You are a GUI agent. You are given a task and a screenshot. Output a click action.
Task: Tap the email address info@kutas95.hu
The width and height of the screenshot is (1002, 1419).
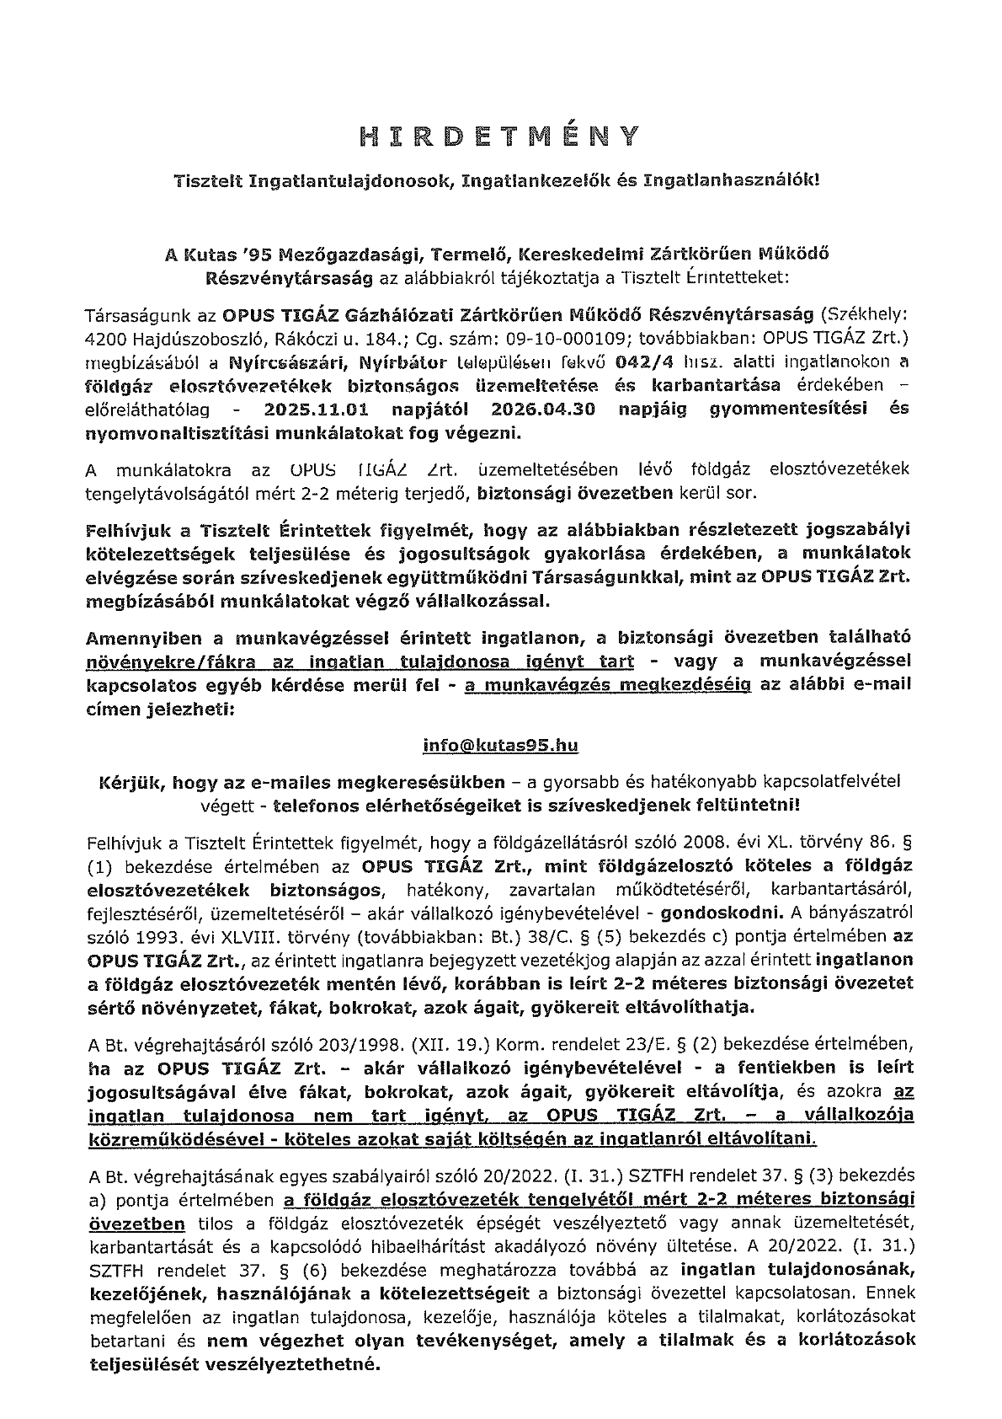click(500, 746)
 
